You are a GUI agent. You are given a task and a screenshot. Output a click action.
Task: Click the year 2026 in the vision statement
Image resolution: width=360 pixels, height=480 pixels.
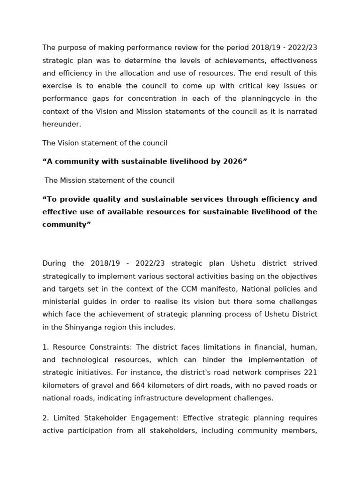tap(232, 162)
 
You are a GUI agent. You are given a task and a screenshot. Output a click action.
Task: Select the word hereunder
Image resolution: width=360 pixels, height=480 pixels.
tap(62, 124)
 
